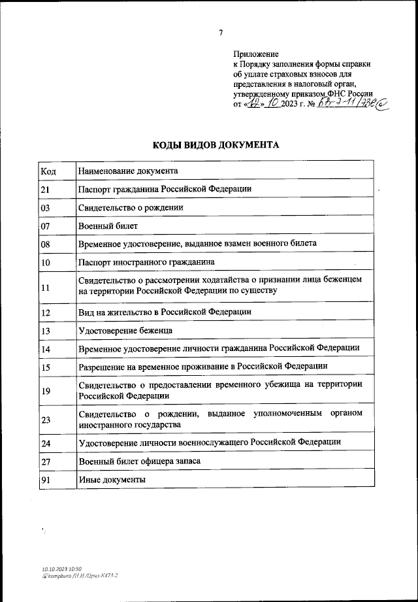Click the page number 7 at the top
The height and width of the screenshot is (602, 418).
(221, 32)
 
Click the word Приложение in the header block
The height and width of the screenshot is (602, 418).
(256, 54)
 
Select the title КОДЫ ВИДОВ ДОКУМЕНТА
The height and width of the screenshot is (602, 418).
(216, 144)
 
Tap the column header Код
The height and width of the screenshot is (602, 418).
(48, 171)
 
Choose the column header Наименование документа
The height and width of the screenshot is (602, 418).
(128, 171)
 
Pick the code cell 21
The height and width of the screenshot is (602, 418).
(46, 190)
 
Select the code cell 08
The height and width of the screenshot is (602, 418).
(46, 244)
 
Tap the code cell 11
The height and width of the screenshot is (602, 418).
(46, 287)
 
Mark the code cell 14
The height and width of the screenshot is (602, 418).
(46, 349)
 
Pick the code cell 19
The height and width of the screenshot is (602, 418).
(46, 392)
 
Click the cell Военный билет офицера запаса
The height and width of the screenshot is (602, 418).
(139, 461)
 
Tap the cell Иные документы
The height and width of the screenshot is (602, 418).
(112, 480)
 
